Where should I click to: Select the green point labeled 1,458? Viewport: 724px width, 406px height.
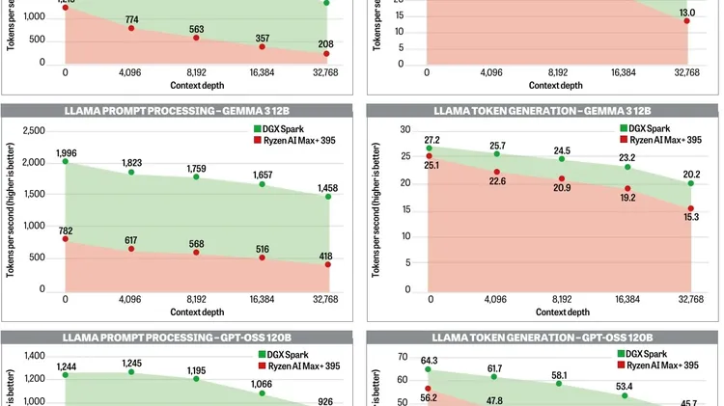pyautogui.click(x=327, y=197)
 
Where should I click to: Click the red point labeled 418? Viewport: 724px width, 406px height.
pyautogui.click(x=327, y=264)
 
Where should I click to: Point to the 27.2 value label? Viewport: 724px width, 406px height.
pyautogui.click(x=432, y=140)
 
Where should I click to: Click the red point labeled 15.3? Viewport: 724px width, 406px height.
pyautogui.click(x=689, y=208)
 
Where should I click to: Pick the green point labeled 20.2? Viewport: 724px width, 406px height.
pyautogui.click(x=689, y=183)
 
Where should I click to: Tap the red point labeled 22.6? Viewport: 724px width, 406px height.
pyautogui.click(x=497, y=172)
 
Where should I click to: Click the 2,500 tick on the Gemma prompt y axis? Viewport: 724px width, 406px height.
pyautogui.click(x=34, y=131)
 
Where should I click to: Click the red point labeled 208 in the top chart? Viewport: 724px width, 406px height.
pyautogui.click(x=327, y=53)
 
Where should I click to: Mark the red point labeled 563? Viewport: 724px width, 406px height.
pyautogui.click(x=197, y=39)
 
